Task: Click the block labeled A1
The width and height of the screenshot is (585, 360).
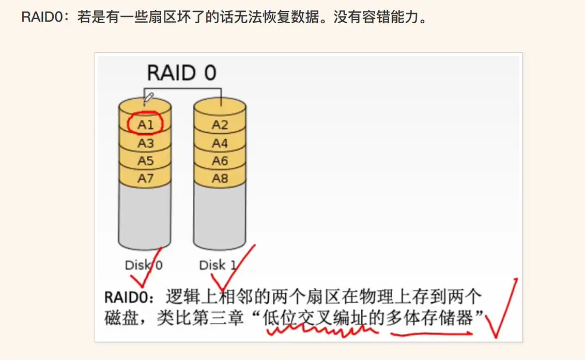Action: pos(145,124)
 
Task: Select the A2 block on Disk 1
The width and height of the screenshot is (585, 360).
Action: pos(220,124)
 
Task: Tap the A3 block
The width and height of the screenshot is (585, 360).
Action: pos(145,143)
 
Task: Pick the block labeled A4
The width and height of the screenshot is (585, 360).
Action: pos(220,143)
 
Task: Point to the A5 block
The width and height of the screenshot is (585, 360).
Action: pos(145,161)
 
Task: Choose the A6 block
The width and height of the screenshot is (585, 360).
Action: pos(220,161)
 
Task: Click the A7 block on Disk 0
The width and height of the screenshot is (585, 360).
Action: pos(145,179)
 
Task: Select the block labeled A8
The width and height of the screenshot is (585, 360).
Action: pos(220,179)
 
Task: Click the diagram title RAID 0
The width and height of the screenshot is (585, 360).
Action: pos(181,73)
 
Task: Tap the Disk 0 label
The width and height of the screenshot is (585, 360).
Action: pos(144,265)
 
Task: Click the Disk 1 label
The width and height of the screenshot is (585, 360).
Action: pos(218,265)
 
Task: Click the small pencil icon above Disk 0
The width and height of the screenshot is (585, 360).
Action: pos(148,97)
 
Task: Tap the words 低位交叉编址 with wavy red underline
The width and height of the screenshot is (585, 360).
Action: pos(316,318)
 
